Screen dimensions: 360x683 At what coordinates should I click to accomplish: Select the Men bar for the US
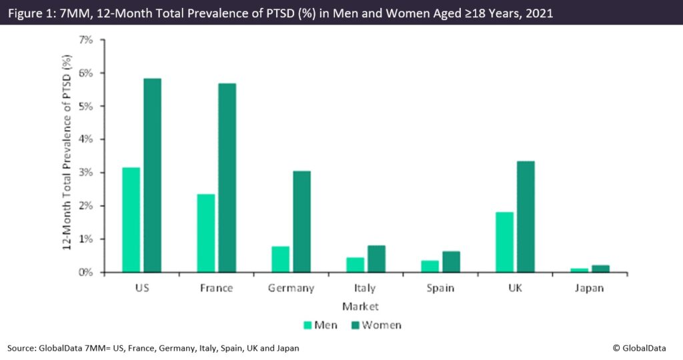pos(132,220)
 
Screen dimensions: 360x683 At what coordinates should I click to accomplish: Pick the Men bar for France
pos(207,233)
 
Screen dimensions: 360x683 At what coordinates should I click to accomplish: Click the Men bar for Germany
pos(281,259)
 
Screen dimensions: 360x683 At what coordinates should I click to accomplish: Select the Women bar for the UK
pos(525,217)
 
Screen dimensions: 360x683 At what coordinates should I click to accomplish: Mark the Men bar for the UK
pos(506,242)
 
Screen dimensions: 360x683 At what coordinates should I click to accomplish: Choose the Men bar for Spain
pos(431,266)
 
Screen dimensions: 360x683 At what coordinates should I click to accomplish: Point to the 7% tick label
pos(86,39)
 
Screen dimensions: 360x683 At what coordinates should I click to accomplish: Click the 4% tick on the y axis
pos(86,139)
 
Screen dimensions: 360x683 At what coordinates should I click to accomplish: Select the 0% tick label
pos(86,272)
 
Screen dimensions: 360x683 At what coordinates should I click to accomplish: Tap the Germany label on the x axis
pos(291,289)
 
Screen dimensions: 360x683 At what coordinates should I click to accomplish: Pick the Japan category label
pos(590,289)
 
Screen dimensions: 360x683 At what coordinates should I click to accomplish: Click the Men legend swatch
pos(307,325)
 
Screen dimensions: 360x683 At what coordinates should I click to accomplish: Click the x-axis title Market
pos(360,307)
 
